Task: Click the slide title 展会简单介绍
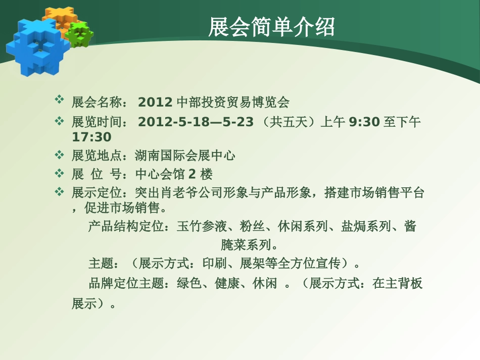(x=271, y=27)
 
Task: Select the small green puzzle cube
(x=80, y=34)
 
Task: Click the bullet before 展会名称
(x=59, y=99)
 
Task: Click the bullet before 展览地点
(x=59, y=155)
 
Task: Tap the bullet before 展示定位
(x=59, y=192)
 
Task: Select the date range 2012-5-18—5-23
(x=196, y=122)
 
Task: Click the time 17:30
(x=91, y=137)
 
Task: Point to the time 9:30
(x=364, y=122)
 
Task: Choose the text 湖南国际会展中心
(x=185, y=156)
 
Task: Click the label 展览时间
(x=97, y=122)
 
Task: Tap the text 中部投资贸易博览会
(x=233, y=102)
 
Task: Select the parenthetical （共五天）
(x=288, y=122)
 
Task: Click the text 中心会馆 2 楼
(x=174, y=174)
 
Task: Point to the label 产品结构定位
(x=126, y=226)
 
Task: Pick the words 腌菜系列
(x=246, y=245)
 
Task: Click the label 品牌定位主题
(x=126, y=283)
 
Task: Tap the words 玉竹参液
(x=202, y=226)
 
